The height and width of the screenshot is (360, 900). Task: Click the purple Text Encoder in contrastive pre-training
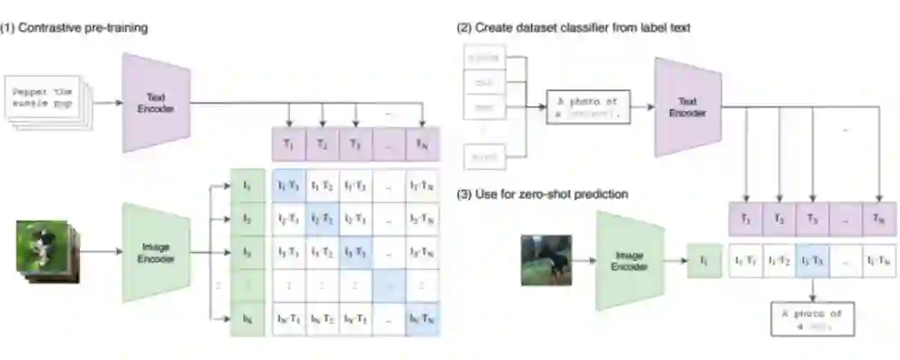pyautogui.click(x=157, y=102)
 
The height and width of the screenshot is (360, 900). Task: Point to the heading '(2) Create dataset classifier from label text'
pyautogui.click(x=572, y=27)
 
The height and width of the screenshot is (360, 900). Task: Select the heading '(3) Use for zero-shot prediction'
pyautogui.click(x=542, y=194)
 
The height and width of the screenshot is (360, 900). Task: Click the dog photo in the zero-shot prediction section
pyautogui.click(x=546, y=259)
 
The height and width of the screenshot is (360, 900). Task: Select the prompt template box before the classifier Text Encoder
pyautogui.click(x=588, y=107)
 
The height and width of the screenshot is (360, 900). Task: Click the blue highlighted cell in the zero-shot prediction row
pyautogui.click(x=812, y=259)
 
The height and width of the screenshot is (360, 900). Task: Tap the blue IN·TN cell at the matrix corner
pyautogui.click(x=423, y=320)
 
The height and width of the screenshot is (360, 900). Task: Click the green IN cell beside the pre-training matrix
pyautogui.click(x=247, y=320)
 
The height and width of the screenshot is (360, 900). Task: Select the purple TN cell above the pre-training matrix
pyautogui.click(x=423, y=144)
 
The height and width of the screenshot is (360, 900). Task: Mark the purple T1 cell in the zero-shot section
pyautogui.click(x=745, y=219)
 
